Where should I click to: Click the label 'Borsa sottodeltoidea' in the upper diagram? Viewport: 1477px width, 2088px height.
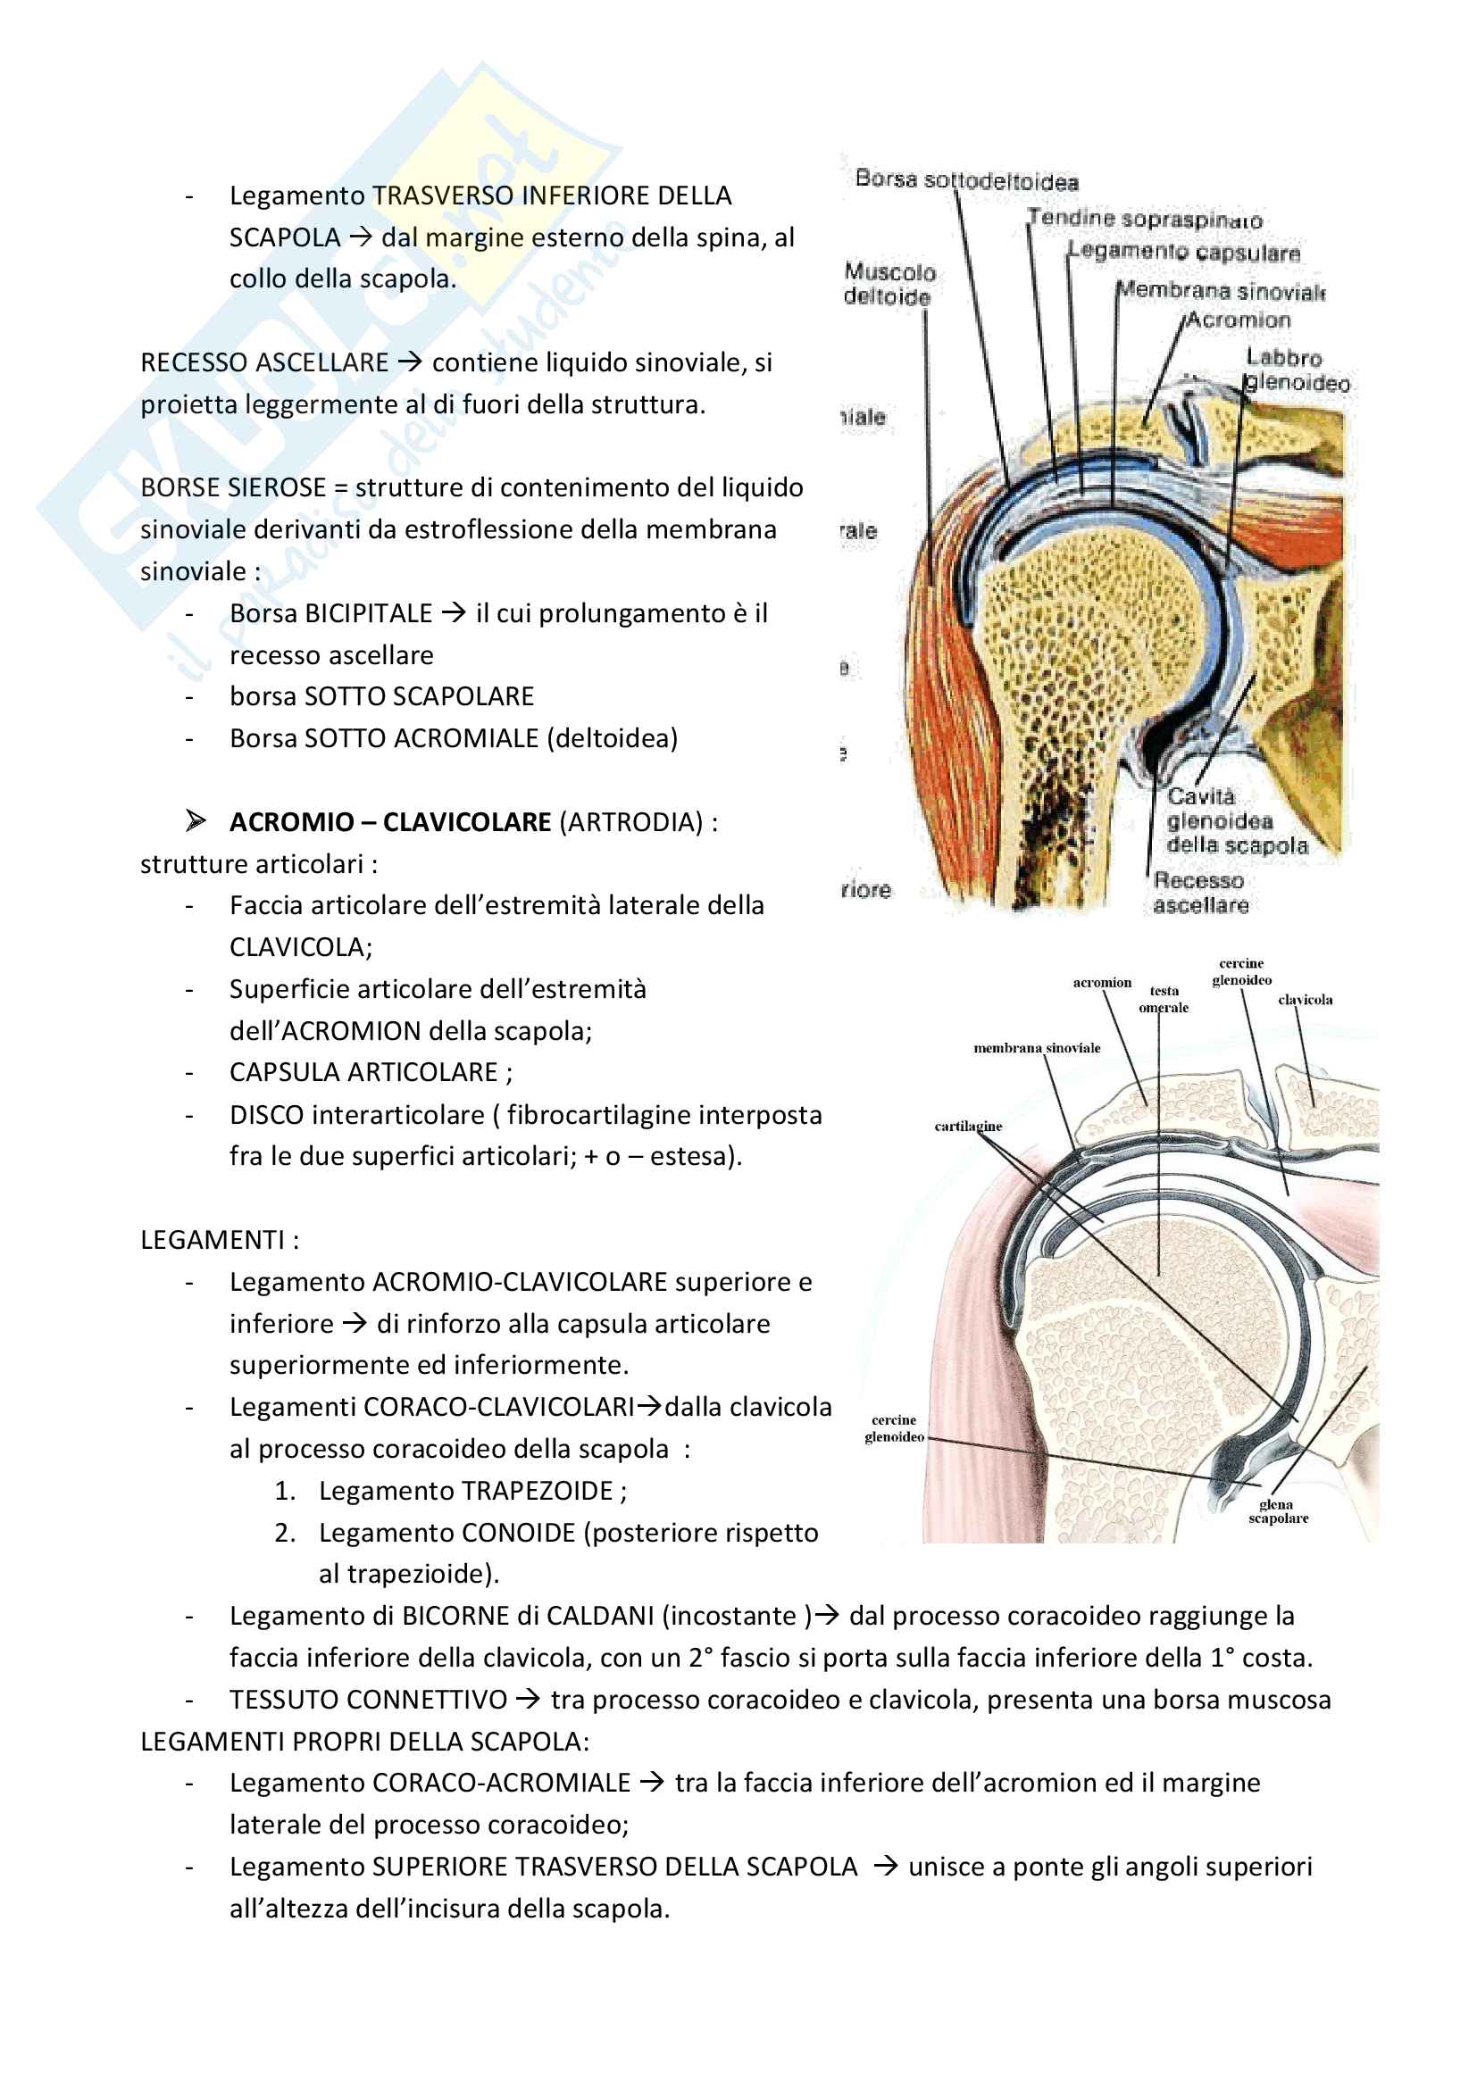966,180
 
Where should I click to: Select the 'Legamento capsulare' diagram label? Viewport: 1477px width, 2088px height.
1183,252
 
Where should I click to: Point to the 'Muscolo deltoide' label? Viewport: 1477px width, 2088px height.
888,284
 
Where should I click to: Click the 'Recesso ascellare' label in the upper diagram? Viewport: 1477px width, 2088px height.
1199,892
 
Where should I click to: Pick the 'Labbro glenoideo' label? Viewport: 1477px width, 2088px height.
1295,370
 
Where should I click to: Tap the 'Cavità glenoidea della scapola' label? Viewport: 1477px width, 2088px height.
1236,820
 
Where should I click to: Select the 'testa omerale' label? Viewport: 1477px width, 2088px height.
1164,999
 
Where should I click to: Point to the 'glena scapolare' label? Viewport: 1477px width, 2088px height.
1278,1510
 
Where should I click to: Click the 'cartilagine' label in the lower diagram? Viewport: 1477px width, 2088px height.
968,1126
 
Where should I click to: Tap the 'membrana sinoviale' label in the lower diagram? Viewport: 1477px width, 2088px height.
1036,1048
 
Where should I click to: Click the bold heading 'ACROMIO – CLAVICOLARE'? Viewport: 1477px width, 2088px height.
389,822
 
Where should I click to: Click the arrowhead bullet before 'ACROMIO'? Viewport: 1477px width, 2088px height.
195,821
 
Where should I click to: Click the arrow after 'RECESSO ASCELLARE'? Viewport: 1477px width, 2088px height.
410,362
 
